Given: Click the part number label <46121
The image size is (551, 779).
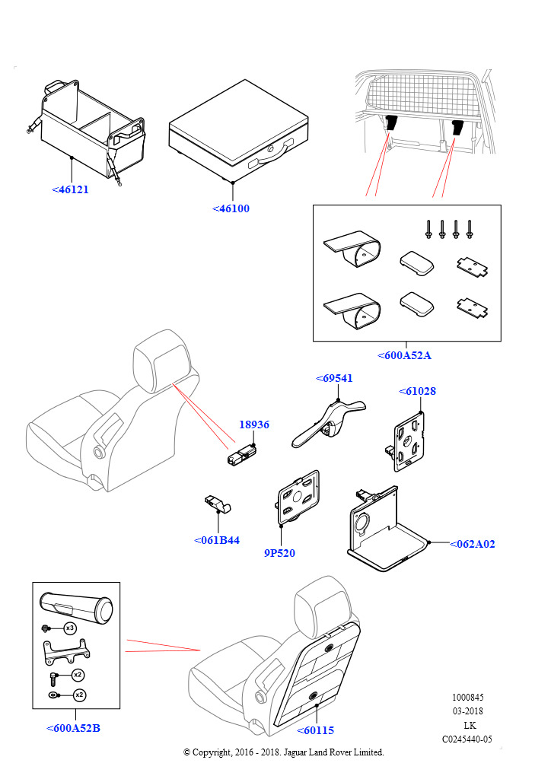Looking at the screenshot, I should (70, 189).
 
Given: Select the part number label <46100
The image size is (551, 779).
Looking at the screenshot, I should (231, 208).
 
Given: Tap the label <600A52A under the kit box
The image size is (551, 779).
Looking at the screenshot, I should (405, 355).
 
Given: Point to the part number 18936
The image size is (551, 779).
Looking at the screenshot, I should (254, 425).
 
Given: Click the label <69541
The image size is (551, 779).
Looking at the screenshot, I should (334, 378).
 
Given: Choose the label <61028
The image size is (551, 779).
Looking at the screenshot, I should (417, 392).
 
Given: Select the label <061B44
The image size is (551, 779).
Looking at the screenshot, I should (217, 540).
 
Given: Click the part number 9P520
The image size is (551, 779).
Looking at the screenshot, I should (279, 553).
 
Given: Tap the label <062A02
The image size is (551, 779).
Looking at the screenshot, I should (472, 544).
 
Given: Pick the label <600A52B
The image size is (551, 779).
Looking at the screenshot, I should (73, 728).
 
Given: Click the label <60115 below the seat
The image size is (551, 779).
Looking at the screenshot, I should (316, 730).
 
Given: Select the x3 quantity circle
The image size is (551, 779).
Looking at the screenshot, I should (69, 628).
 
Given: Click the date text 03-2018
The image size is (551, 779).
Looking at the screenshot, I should (467, 711).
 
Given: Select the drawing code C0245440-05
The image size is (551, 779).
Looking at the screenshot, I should (467, 739).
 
